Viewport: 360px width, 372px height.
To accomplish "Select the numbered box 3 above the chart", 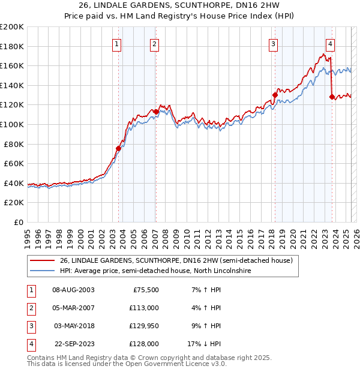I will click(x=273, y=43).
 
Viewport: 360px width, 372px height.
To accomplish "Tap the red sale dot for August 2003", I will click(x=118, y=148).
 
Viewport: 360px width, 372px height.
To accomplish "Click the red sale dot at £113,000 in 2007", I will click(x=156, y=112).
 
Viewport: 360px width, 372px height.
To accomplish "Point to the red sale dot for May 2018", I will click(x=275, y=95).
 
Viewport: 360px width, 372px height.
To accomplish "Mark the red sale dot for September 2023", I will click(x=332, y=97).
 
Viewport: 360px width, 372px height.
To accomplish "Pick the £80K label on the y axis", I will click(x=14, y=144).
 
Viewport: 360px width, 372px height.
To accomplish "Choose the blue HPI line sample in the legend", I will click(x=41, y=271).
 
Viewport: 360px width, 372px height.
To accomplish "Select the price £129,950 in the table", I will click(x=142, y=326).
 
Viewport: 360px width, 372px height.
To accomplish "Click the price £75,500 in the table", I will click(x=145, y=290).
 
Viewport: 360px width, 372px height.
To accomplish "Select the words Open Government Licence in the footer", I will click(x=167, y=364).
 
